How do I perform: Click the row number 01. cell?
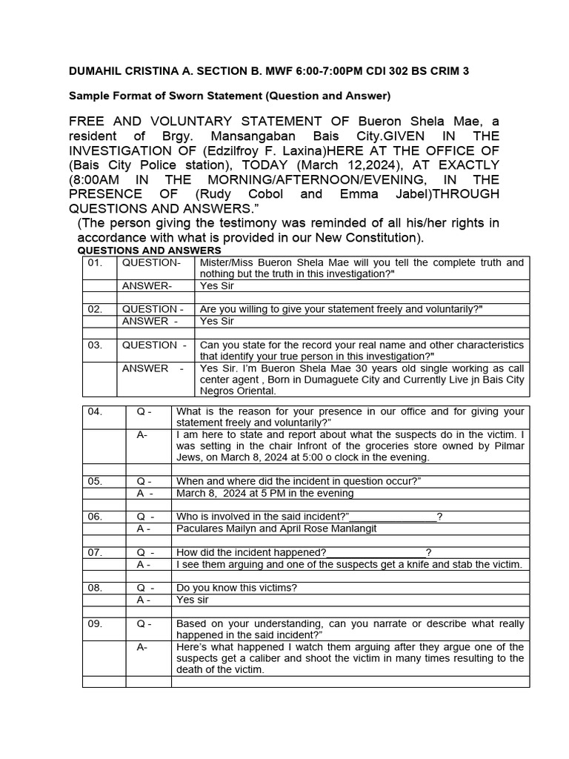coord(94,263)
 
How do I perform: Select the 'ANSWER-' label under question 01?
coord(147,285)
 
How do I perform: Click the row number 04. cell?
coord(95,411)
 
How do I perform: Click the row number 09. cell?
coord(95,624)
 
